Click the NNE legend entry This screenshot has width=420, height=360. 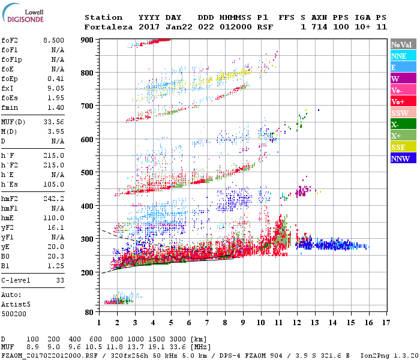(x=403, y=56)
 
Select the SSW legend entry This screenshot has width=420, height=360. (x=403, y=113)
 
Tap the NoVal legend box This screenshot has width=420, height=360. (x=403, y=44)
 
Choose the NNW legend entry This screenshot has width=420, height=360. (x=403, y=158)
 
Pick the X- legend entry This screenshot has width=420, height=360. (x=403, y=124)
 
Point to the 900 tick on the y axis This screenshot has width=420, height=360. (x=88, y=40)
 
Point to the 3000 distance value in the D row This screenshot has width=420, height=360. (x=176, y=340)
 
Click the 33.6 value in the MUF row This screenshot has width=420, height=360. (x=176, y=347)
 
